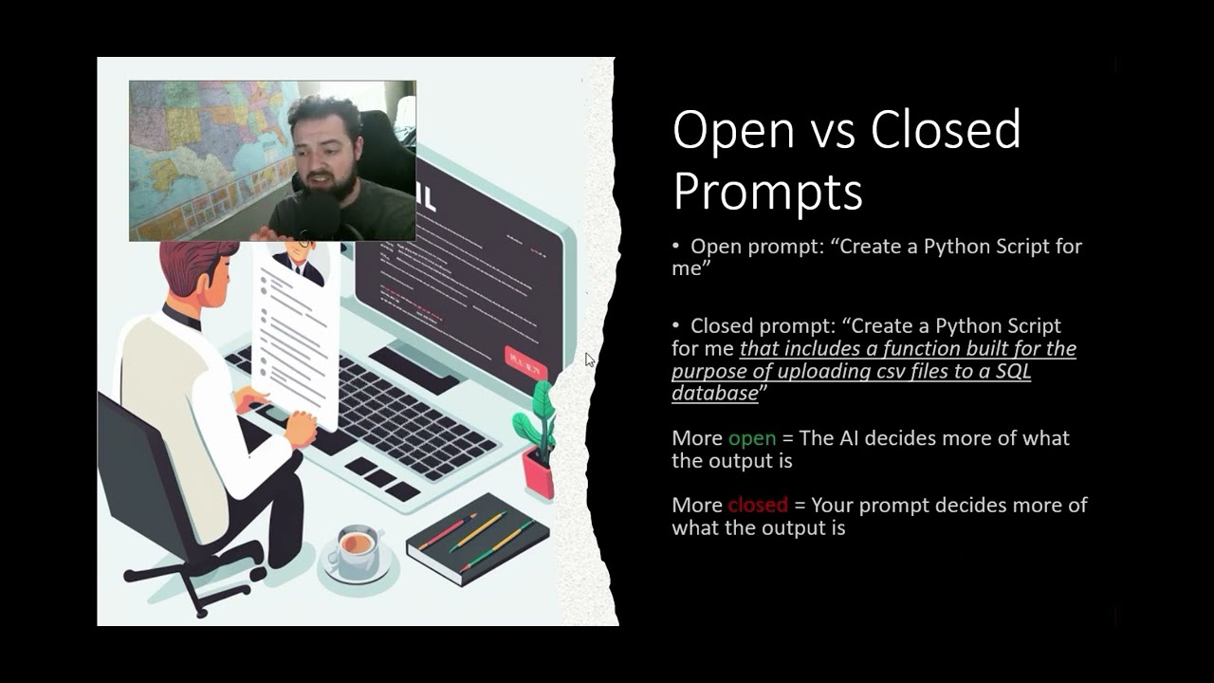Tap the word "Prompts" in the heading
[767, 191]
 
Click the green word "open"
[752, 438]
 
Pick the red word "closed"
[758, 505]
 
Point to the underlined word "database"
[714, 393]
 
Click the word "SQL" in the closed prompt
[1012, 371]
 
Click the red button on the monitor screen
[525, 361]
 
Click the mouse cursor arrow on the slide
[589, 359]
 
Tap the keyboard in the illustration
[398, 408]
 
